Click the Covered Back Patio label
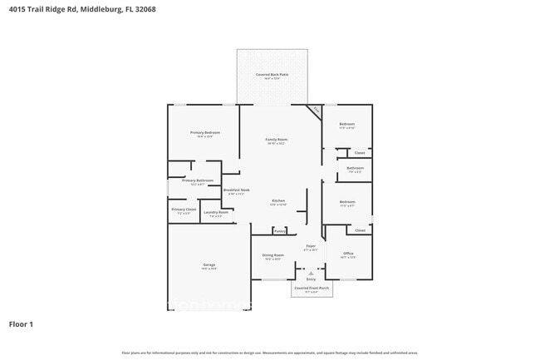[272, 74]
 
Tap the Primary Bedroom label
[205, 133]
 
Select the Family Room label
[276, 139]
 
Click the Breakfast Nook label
[237, 190]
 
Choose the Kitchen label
[278, 200]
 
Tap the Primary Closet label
[184, 210]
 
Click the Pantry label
[280, 230]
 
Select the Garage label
[209, 265]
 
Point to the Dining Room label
[273, 255]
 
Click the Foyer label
[311, 246]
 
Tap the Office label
[348, 254]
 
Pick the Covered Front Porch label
[312, 288]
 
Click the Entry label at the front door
[311, 279]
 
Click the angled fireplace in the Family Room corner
[316, 110]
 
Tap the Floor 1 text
[21, 323]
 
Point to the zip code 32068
[166, 9]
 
